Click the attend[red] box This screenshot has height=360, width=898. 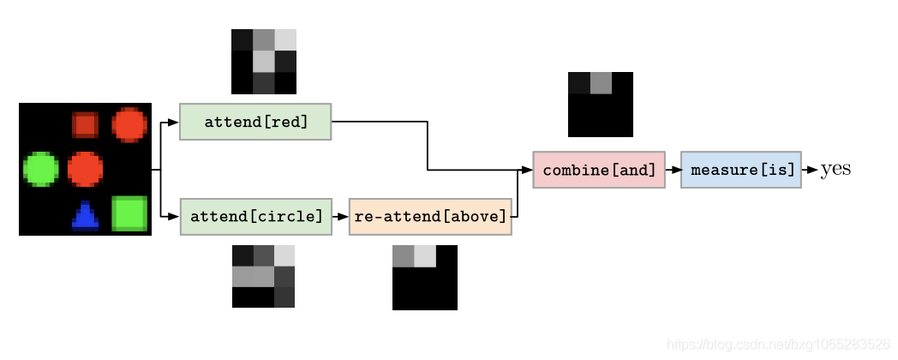pyautogui.click(x=255, y=122)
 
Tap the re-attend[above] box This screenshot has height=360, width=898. pyautogui.click(x=430, y=216)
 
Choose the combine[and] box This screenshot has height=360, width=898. pyautogui.click(x=598, y=170)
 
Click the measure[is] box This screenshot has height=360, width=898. pyautogui.click(x=741, y=170)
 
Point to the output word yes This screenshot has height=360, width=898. pyautogui.click(x=835, y=170)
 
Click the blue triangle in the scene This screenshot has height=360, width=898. pyautogui.click(x=85, y=216)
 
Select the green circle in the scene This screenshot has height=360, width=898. pyautogui.click(x=40, y=169)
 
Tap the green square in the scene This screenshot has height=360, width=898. pyautogui.click(x=129, y=213)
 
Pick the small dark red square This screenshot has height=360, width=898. pyautogui.click(x=85, y=125)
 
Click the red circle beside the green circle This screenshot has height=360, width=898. pyautogui.click(x=85, y=169)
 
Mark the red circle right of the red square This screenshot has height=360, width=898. pyautogui.click(x=129, y=124)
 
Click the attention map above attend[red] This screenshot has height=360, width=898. pyautogui.click(x=264, y=62)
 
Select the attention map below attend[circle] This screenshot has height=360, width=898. pyautogui.click(x=264, y=276)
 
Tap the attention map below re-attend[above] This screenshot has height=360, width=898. pyautogui.click(x=425, y=277)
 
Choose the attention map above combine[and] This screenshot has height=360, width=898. pyautogui.click(x=601, y=105)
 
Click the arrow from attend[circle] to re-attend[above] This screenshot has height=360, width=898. pyautogui.click(x=340, y=216)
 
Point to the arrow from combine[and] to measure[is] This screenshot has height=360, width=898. pyautogui.click(x=673, y=170)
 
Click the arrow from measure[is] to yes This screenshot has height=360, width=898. pyautogui.click(x=810, y=170)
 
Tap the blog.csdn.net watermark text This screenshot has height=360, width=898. pyautogui.click(x=778, y=345)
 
